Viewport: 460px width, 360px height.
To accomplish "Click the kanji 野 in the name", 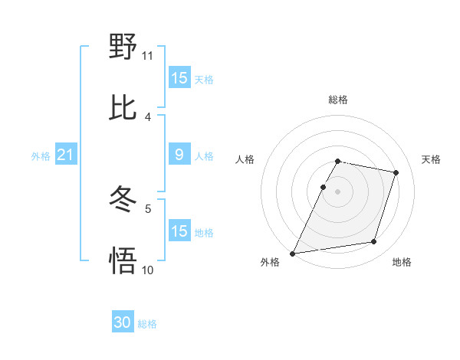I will [123, 47].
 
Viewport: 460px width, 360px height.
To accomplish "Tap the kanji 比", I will [123, 108].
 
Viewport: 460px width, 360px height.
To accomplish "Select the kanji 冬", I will [123, 200].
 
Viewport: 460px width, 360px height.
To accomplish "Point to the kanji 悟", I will [123, 261].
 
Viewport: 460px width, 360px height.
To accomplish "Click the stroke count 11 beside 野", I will [147, 55].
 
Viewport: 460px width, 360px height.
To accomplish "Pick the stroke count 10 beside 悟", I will [147, 270].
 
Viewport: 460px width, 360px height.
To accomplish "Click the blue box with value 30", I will [123, 323].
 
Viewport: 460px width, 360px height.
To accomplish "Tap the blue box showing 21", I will [65, 155].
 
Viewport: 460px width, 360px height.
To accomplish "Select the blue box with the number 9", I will [179, 155].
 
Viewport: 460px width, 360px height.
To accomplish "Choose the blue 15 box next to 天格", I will [179, 78].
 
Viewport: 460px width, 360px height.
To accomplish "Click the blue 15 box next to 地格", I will [179, 231].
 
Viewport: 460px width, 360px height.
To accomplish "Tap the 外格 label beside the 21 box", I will [41, 156].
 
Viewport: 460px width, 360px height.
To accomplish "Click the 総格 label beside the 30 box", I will [147, 324].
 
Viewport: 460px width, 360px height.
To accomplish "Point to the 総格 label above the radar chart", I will [338, 100].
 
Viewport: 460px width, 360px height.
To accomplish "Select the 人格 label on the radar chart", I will [245, 159].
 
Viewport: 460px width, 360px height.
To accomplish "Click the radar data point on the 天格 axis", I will [396, 172].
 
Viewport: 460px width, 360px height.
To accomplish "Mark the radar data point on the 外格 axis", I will [293, 254].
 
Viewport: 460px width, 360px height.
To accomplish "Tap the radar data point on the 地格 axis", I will [374, 242].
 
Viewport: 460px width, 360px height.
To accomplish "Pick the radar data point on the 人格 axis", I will [323, 187].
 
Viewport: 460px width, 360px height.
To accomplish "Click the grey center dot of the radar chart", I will [338, 191].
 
